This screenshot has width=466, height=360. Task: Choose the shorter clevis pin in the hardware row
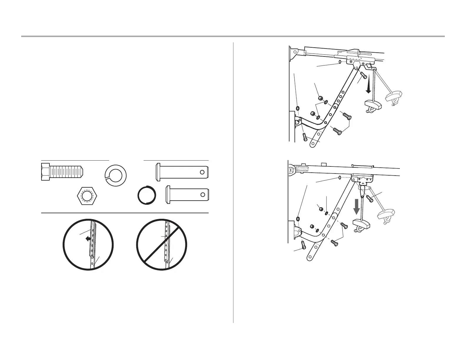(x=188, y=194)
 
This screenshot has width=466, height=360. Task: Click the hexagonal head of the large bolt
(x=45, y=172)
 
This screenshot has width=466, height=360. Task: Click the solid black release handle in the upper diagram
(x=373, y=104)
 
